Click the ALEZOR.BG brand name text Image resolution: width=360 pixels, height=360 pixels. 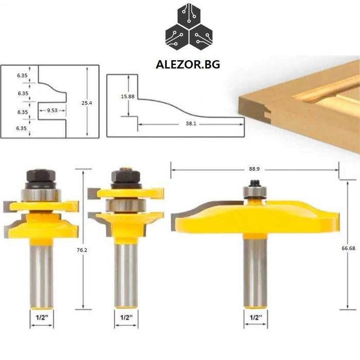click(x=188, y=64)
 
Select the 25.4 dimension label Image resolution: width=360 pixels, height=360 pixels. click(x=87, y=103)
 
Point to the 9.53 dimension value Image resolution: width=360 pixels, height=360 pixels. click(x=52, y=111)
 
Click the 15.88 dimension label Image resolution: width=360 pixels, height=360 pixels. click(x=128, y=97)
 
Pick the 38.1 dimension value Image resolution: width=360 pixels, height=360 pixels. click(x=191, y=123)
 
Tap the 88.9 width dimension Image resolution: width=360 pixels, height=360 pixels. click(x=254, y=169)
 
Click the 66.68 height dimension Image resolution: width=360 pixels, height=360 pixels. click(x=348, y=248)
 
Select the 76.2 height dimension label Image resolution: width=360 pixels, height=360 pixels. click(x=82, y=250)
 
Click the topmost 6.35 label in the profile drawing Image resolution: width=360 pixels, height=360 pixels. click(x=22, y=75)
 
